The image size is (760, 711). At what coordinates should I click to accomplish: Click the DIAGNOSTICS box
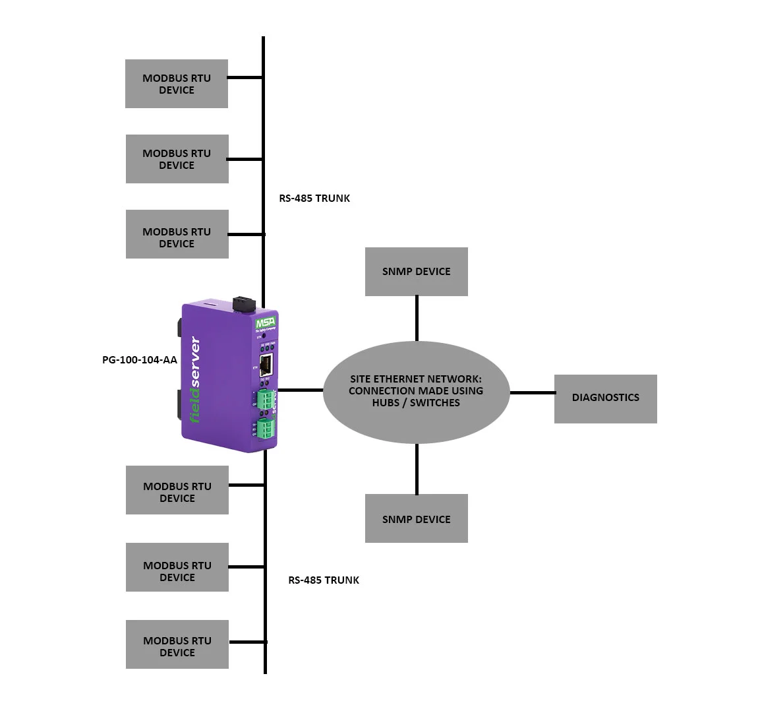coord(605,398)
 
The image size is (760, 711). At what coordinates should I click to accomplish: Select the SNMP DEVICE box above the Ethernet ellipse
coord(416,272)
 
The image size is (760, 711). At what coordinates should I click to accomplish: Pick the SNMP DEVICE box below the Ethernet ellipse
coord(416,519)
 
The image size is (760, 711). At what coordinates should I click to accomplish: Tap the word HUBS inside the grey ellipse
coord(385,402)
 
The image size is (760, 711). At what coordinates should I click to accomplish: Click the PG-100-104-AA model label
coord(140,360)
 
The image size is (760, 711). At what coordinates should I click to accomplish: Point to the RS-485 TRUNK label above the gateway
coord(314,198)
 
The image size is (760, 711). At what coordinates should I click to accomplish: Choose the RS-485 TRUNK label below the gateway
coord(324,580)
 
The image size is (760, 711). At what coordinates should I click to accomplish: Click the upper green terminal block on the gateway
coord(266,400)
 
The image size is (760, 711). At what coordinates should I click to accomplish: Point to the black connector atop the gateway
coord(244,304)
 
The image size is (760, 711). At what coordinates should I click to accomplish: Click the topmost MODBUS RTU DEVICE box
coord(177,84)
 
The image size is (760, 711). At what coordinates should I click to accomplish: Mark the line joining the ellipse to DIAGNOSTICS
coord(532,393)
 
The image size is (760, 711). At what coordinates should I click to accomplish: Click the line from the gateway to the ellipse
coord(300,390)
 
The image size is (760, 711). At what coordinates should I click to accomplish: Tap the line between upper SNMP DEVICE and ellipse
coord(417,318)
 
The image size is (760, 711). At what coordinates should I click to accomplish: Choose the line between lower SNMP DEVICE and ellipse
coord(417,469)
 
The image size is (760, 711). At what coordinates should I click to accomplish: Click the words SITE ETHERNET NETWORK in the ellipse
coord(415,379)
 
